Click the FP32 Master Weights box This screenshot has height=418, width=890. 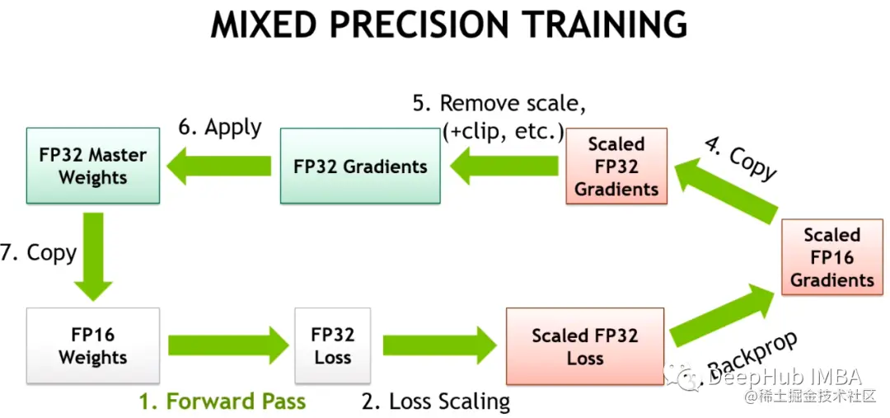[x=92, y=166]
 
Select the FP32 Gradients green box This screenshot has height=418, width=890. [x=360, y=166]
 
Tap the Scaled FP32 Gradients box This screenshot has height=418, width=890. [x=616, y=166]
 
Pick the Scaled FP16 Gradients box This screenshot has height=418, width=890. [x=831, y=257]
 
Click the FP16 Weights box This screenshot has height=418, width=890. [x=92, y=346]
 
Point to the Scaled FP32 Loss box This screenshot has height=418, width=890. [x=584, y=346]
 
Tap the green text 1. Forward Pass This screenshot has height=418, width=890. [x=222, y=402]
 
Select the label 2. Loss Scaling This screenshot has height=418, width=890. [x=436, y=402]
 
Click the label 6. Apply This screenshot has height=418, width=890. [x=220, y=128]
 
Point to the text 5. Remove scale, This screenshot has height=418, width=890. [x=499, y=104]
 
